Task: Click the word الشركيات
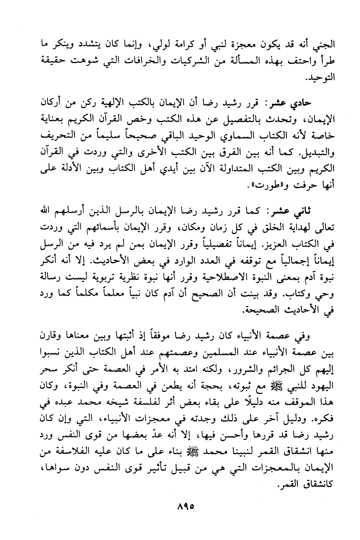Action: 180,62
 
